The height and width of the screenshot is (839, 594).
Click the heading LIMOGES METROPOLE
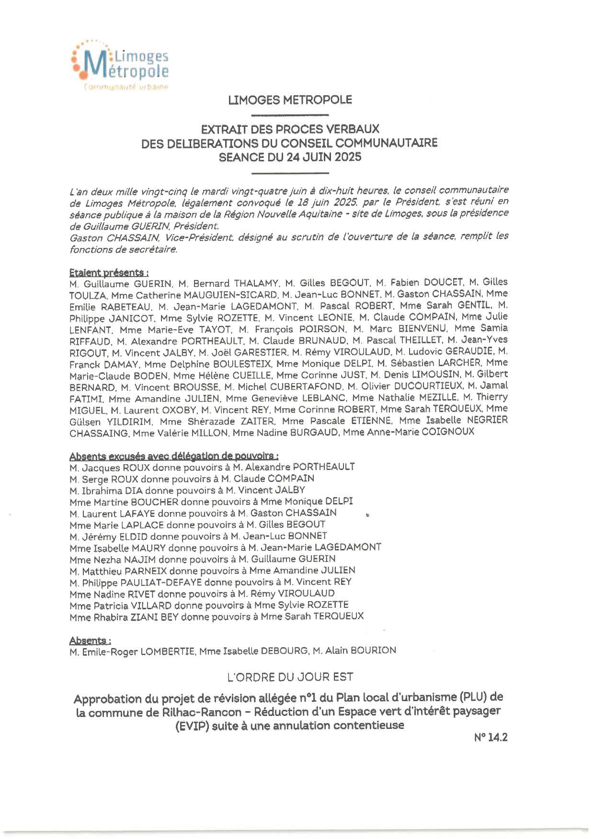290,100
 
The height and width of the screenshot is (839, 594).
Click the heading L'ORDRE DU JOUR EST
290,677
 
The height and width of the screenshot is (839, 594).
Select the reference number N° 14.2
491,738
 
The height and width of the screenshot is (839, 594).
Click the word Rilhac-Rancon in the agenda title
205,712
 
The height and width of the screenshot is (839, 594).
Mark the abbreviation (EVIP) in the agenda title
192,726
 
